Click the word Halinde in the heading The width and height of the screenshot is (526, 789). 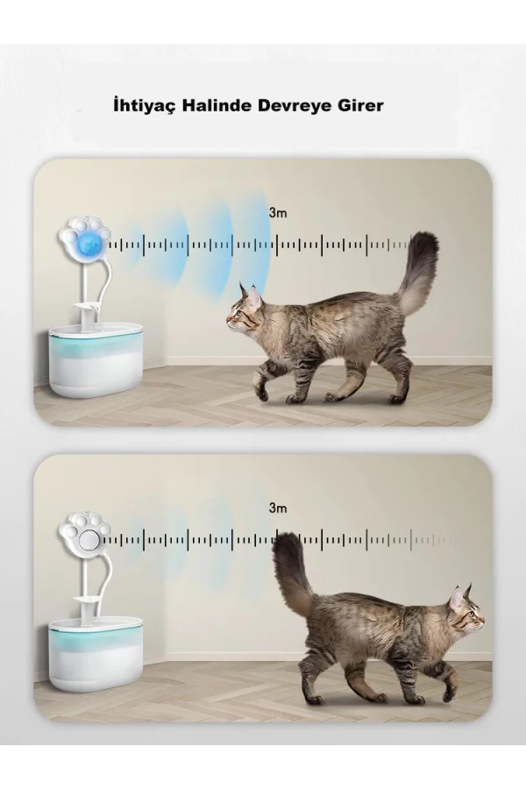pyautogui.click(x=214, y=105)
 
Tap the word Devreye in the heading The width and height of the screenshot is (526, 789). pyautogui.click(x=291, y=105)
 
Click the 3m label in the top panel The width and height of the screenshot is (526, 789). pyautogui.click(x=277, y=211)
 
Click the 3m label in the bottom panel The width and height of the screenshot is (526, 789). pyautogui.click(x=277, y=507)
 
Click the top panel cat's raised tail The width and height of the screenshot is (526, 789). pyautogui.click(x=418, y=272)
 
